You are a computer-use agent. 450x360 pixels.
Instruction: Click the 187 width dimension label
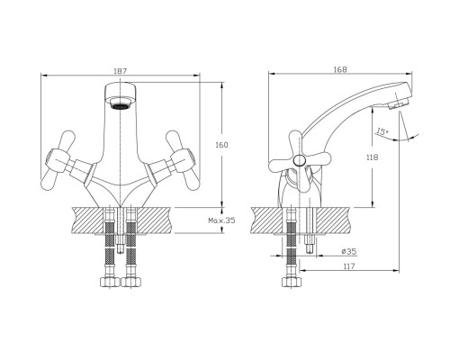click(121, 71)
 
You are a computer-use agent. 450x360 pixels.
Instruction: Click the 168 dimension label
click(340, 69)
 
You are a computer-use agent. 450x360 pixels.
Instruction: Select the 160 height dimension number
click(221, 145)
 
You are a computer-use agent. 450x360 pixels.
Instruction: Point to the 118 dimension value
click(372, 157)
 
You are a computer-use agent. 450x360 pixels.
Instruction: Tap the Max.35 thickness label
click(221, 220)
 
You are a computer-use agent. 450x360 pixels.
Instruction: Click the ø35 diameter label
click(349, 251)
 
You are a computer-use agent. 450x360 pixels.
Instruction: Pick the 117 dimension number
click(349, 266)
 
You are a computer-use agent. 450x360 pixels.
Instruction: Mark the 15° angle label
click(382, 131)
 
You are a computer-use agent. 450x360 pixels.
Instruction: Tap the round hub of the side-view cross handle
click(299, 161)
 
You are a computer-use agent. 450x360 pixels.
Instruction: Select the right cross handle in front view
click(183, 160)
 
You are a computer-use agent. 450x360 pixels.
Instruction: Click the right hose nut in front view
click(130, 282)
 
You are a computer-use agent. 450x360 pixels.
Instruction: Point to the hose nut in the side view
click(292, 282)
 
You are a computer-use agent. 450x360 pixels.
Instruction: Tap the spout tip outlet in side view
click(398, 105)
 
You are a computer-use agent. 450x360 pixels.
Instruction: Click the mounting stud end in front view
click(121, 248)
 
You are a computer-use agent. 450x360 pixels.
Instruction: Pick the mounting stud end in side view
click(309, 248)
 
